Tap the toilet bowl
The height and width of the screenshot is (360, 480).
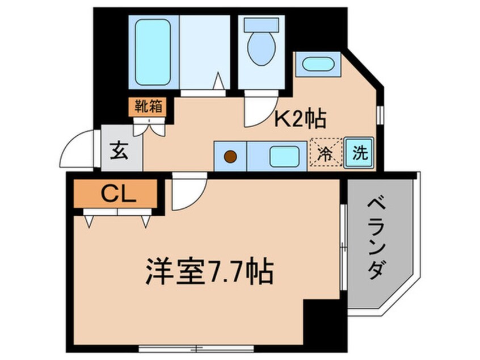point(260,48)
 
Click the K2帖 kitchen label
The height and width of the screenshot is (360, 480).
point(301,119)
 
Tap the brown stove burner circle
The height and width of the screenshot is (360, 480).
point(230,156)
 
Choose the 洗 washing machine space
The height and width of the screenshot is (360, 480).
point(360,153)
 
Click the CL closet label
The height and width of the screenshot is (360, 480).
point(117,195)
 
